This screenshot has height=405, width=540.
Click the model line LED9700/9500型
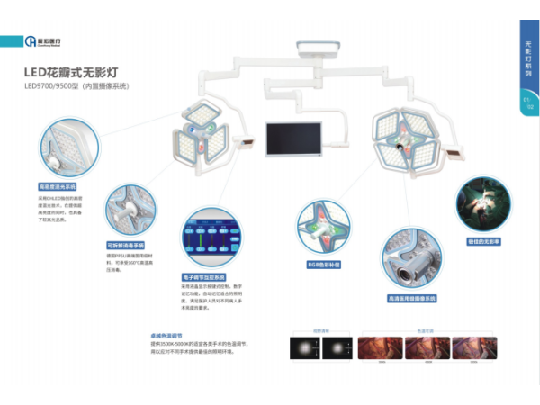(77, 87)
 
